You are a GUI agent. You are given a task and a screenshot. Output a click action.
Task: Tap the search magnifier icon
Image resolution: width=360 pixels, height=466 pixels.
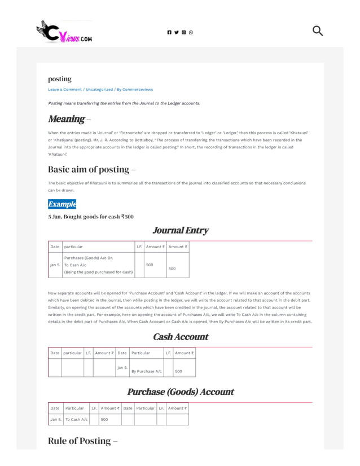click(x=317, y=30)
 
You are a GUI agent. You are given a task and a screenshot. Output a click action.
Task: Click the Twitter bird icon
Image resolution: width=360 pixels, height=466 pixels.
click(x=176, y=32)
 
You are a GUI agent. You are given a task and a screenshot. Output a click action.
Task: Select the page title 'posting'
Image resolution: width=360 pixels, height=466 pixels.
click(x=60, y=79)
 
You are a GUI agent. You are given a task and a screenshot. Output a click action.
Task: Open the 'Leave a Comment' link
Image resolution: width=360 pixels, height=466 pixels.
click(x=64, y=89)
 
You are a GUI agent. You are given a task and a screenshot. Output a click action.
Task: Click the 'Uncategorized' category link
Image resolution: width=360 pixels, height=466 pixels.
click(x=99, y=89)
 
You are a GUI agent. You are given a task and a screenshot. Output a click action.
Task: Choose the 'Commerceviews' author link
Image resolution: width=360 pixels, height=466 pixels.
click(x=138, y=89)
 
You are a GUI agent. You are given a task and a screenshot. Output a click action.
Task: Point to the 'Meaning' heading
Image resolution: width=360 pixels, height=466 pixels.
click(x=66, y=118)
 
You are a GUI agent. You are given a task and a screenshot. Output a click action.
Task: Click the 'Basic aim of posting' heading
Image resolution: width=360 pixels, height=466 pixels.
click(x=89, y=169)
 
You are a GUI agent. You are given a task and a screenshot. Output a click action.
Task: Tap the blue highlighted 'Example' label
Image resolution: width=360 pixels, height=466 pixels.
click(x=62, y=204)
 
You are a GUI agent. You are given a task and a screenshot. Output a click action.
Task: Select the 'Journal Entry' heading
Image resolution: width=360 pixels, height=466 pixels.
click(x=180, y=230)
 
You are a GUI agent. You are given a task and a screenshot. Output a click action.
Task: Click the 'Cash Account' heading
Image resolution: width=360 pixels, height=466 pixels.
click(x=180, y=337)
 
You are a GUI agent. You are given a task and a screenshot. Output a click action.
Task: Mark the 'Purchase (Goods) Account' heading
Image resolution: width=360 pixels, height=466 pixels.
click(x=180, y=392)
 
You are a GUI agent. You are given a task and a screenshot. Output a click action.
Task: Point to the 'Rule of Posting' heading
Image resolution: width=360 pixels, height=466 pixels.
click(x=80, y=441)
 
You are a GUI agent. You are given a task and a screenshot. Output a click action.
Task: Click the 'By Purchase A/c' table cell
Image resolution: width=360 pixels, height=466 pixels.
click(x=146, y=371)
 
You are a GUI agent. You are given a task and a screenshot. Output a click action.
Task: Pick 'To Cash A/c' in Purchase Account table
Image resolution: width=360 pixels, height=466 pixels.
click(x=76, y=419)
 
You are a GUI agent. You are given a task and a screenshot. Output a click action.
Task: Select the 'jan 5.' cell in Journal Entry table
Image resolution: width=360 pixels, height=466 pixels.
click(x=55, y=265)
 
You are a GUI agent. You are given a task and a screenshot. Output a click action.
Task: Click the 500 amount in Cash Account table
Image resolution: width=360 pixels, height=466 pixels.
click(x=178, y=371)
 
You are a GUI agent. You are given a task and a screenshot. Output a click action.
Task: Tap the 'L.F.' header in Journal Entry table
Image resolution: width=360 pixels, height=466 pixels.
click(x=139, y=247)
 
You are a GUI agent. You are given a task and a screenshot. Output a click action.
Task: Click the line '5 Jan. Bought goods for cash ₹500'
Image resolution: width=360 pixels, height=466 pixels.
click(x=91, y=217)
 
